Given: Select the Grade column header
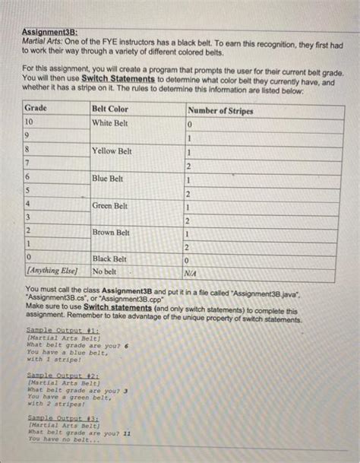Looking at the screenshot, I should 37,109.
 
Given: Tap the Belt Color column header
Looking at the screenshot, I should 110,109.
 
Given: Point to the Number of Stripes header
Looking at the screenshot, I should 221,110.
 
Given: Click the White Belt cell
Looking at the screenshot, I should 110,123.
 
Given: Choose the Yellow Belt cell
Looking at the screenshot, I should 112,151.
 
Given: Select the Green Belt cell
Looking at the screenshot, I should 110,205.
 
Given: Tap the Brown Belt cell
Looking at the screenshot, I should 111,232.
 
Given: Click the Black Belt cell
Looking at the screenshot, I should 110,259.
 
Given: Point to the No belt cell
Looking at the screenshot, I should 104,271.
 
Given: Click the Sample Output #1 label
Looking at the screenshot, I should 53,331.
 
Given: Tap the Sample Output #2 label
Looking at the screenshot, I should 53,376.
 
